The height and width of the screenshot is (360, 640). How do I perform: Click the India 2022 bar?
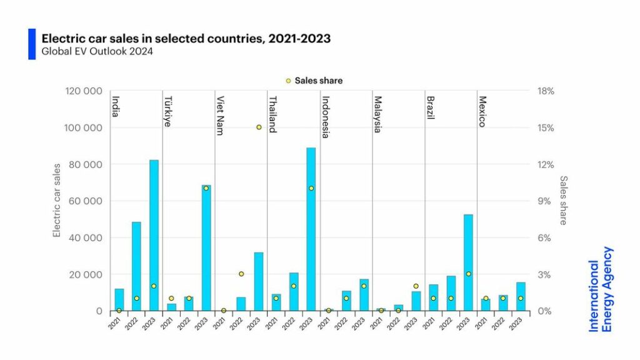136,266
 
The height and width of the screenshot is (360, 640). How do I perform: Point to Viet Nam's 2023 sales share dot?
259,127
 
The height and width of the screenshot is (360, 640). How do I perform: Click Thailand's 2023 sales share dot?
311,188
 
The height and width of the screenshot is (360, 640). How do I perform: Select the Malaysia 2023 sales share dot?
416,286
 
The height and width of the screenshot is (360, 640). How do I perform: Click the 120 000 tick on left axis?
84,91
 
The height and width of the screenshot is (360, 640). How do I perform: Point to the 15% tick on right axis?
546,127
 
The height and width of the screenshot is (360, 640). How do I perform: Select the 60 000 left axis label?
86,201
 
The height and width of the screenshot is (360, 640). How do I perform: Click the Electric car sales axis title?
57,200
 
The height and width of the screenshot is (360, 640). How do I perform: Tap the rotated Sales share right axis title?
564,200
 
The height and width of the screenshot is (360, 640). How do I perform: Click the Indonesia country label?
326,117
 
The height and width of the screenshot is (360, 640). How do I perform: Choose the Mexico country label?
482,111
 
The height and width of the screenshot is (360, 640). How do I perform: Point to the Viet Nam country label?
220,116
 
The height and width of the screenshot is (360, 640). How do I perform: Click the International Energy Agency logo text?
601,289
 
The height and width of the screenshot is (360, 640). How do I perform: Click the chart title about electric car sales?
186,39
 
